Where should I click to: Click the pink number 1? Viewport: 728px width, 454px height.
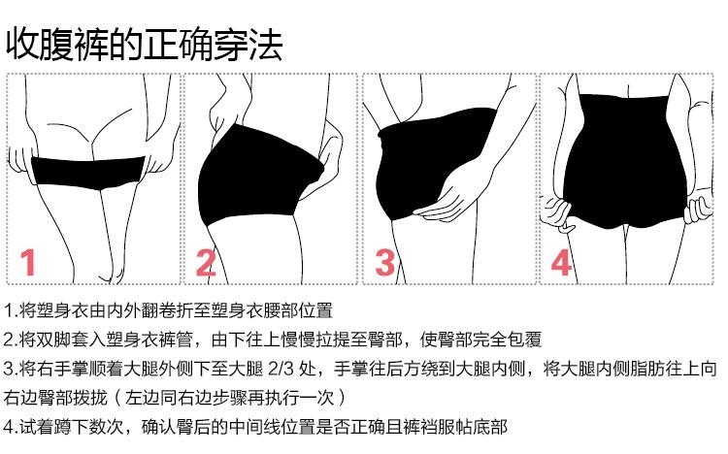pyautogui.click(x=29, y=262)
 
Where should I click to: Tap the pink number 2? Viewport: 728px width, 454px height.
pyautogui.click(x=206, y=262)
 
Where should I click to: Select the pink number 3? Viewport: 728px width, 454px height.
pyautogui.click(x=385, y=262)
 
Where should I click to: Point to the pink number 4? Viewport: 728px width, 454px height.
pyautogui.click(x=561, y=262)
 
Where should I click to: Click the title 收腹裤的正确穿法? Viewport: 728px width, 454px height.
pyautogui.click(x=144, y=44)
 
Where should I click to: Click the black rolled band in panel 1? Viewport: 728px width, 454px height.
pyautogui.click(x=88, y=173)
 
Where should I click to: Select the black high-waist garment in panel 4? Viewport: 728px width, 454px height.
pyautogui.click(x=624, y=162)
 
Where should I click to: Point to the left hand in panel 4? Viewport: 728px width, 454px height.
pyautogui.click(x=558, y=214)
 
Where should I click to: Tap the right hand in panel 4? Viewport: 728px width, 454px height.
pyautogui.click(x=698, y=210)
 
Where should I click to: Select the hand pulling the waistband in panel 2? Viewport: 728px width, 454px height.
pyautogui.click(x=331, y=155)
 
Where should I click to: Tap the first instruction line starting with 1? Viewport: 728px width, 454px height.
pyautogui.click(x=168, y=310)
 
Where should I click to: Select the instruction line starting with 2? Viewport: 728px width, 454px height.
pyautogui.click(x=273, y=340)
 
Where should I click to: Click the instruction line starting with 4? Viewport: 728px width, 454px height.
pyautogui.click(x=255, y=427)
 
